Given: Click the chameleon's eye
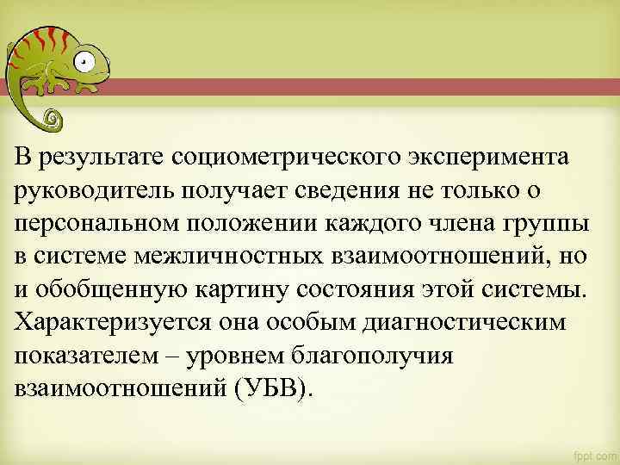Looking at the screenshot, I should coord(83,62).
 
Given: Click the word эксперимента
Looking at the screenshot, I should coord(486,157).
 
